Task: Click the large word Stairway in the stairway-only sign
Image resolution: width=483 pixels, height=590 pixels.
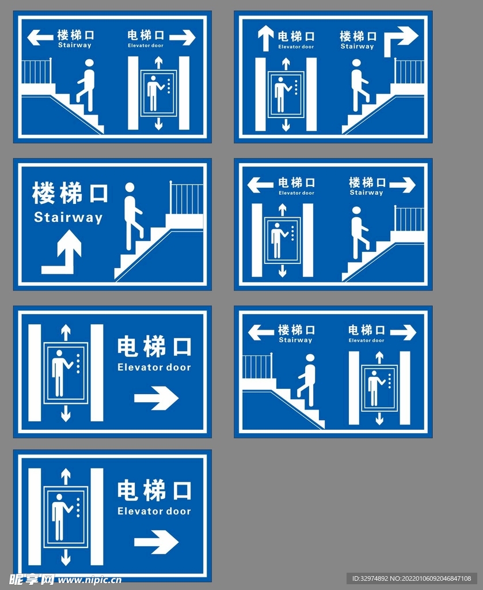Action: pos(68,218)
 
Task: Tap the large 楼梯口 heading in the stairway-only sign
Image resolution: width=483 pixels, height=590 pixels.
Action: pos(70,193)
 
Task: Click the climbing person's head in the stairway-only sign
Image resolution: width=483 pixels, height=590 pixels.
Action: pos(130,187)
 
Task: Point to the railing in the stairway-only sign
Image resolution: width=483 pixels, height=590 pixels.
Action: pos(186,198)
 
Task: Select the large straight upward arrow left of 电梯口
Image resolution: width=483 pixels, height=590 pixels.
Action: pos(265,38)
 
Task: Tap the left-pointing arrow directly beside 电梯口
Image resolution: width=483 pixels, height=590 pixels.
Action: pos(260,185)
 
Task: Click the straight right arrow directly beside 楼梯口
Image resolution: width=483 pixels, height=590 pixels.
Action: pos(402,185)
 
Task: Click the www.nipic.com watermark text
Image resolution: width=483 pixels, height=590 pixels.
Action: pos(89,580)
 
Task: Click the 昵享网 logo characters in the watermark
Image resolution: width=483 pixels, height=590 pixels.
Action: pos(32,579)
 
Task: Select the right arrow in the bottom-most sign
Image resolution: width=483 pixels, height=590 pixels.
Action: pos(156,542)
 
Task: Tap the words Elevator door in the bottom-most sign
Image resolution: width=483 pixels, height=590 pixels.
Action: pos(154,511)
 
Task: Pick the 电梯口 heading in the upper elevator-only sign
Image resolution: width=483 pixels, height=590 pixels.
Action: pos(154,347)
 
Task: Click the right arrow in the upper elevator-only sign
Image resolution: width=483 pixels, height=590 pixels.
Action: pos(156,398)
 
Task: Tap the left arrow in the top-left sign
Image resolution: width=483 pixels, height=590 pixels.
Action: pos(40,38)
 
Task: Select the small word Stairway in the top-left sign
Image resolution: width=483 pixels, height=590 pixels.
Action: pos(74,46)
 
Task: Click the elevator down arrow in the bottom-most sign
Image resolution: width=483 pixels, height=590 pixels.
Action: pos(66,557)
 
